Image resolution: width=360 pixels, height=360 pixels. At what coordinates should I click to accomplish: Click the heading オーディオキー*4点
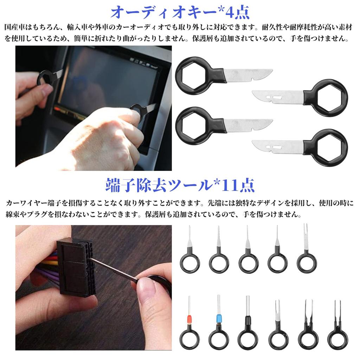[x=180, y=12]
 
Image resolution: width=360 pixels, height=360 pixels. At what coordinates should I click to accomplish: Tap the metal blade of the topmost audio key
[x=248, y=75]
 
